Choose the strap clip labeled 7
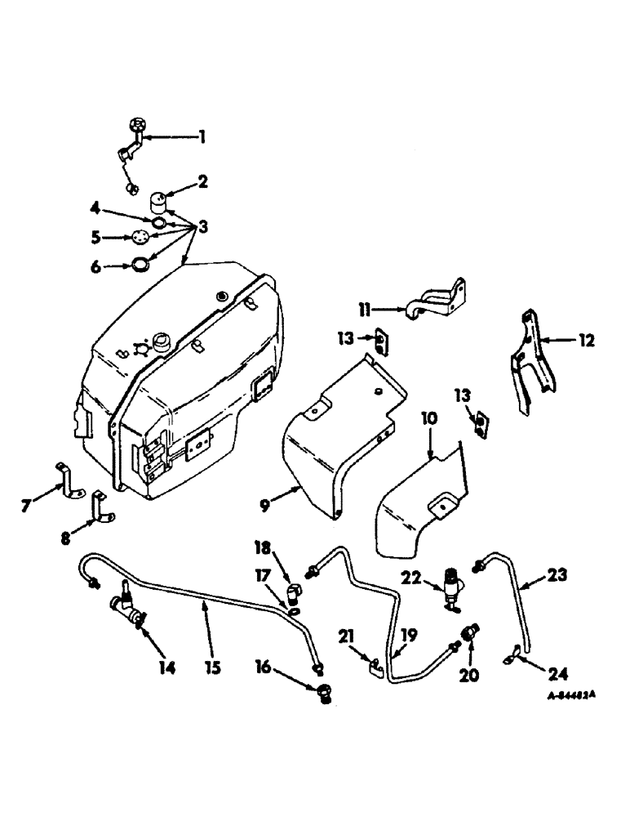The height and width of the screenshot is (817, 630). click(x=69, y=480)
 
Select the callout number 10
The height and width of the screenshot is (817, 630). click(x=429, y=420)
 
